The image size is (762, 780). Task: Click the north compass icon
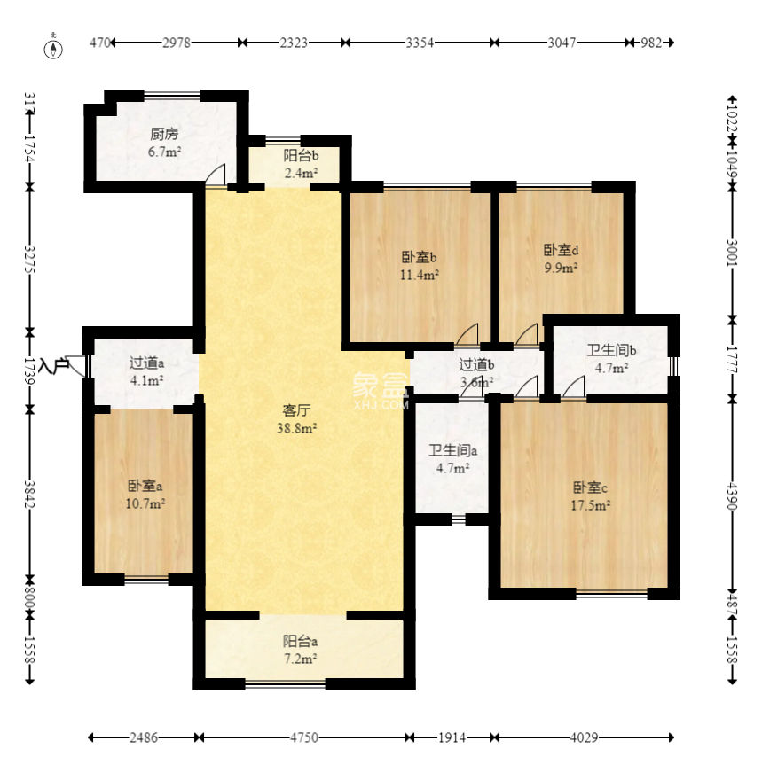click(55, 47)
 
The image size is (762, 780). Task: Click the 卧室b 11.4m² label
click(419, 265)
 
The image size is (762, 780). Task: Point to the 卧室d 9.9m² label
click(561, 258)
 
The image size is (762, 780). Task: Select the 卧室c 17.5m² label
click(590, 496)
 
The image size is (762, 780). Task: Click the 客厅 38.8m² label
click(300, 418)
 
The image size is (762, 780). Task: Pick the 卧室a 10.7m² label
click(145, 494)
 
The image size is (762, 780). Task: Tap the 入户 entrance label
click(53, 363)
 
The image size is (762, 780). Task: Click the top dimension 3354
click(420, 43)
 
